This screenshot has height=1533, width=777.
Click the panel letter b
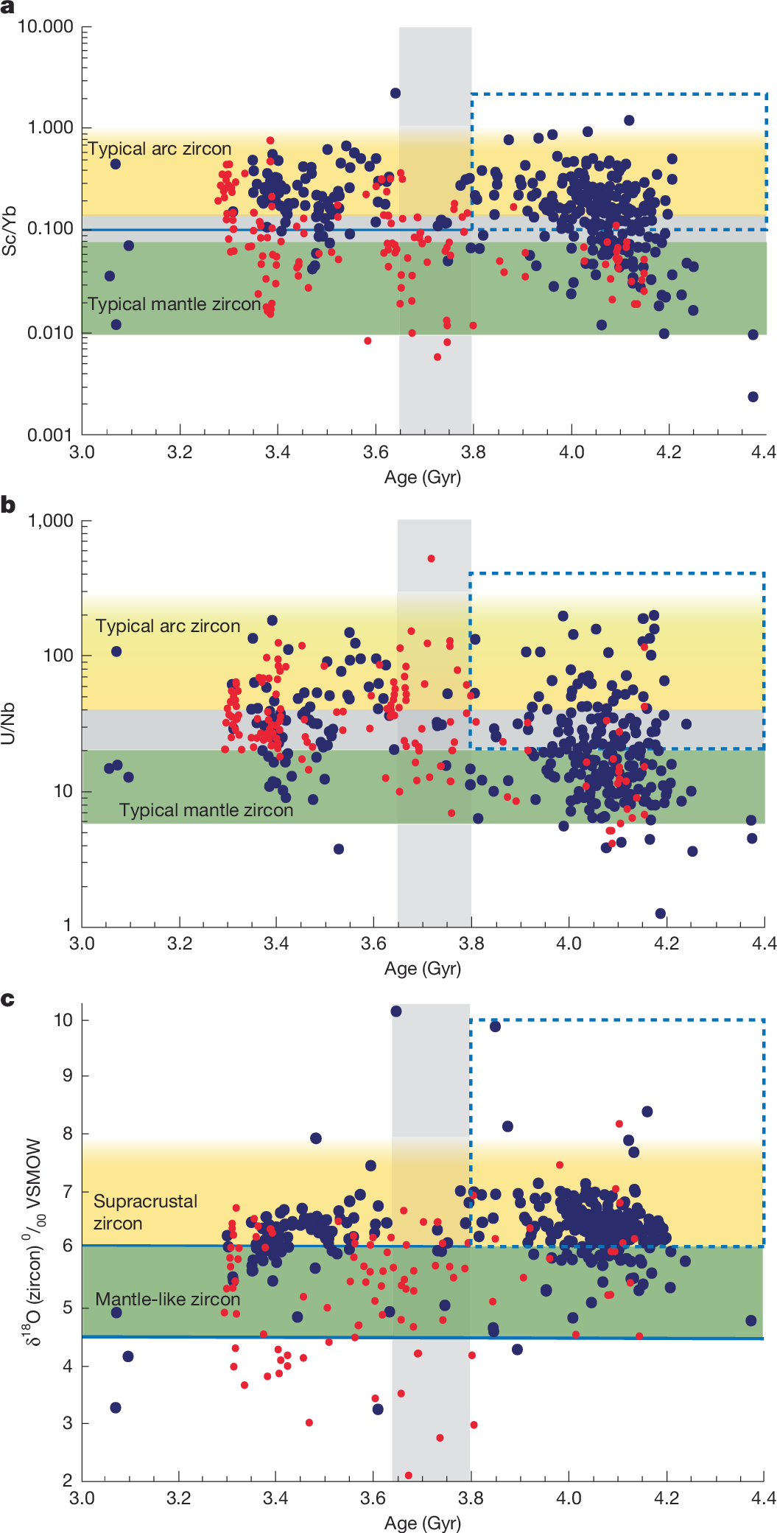(8, 505)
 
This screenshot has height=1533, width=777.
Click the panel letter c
(7, 999)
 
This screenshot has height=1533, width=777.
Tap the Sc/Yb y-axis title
(10, 230)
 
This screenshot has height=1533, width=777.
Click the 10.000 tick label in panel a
(46, 27)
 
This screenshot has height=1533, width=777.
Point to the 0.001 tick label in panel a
(50, 435)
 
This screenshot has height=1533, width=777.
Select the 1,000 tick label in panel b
(50, 521)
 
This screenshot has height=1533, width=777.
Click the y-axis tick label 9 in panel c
(67, 1076)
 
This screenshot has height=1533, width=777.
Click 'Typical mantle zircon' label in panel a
(174, 304)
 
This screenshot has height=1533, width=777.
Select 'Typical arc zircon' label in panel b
(168, 626)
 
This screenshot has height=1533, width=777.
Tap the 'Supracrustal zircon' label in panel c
(145, 1212)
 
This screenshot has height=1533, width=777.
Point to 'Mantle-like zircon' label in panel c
(168, 1299)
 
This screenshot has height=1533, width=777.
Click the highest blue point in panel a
(395, 93)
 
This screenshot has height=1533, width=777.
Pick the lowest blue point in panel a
(753, 397)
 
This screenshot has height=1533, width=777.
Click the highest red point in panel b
(431, 558)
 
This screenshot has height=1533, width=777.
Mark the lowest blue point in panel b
(661, 913)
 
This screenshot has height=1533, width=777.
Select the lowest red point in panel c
(409, 1476)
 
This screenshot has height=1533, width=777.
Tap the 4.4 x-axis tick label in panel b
(764, 944)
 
